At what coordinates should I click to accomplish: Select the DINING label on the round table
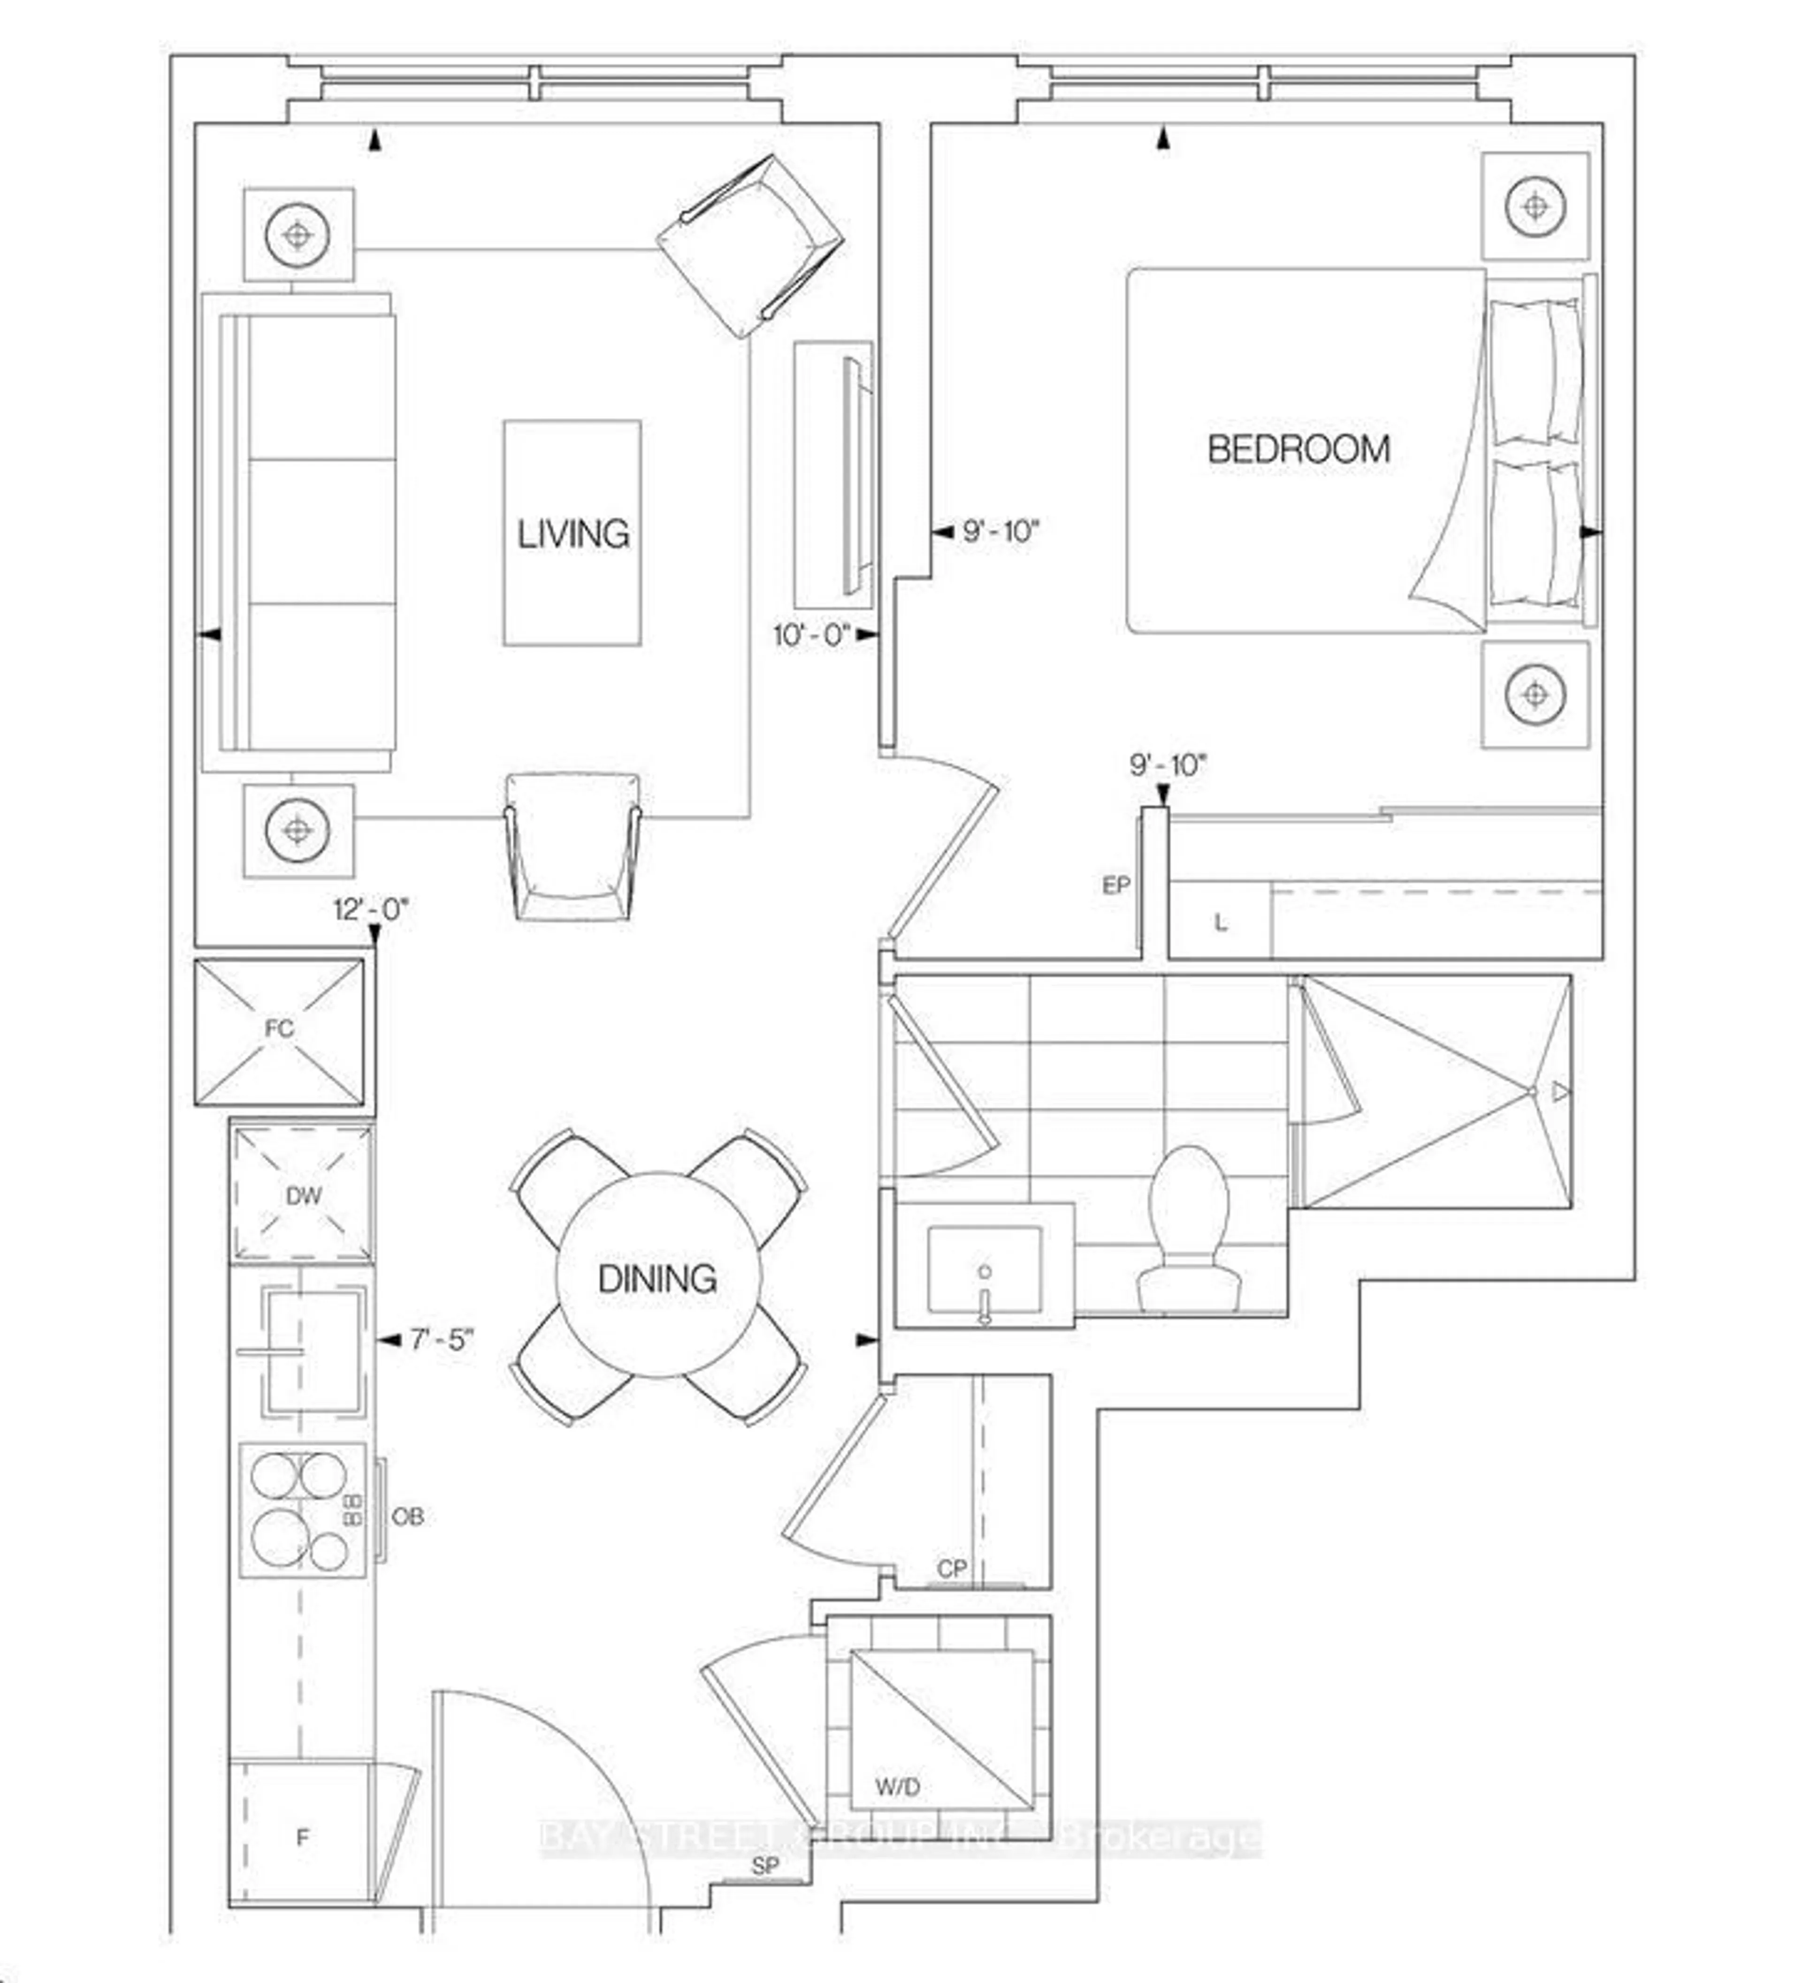(x=657, y=1279)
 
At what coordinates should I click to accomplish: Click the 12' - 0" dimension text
(x=370, y=910)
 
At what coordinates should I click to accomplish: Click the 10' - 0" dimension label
(x=810, y=635)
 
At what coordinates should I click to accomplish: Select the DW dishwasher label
(x=303, y=1196)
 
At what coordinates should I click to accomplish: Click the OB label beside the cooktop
(x=407, y=1517)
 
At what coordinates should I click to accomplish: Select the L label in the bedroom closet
(x=1221, y=923)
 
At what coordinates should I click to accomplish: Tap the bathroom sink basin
(x=984, y=1269)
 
